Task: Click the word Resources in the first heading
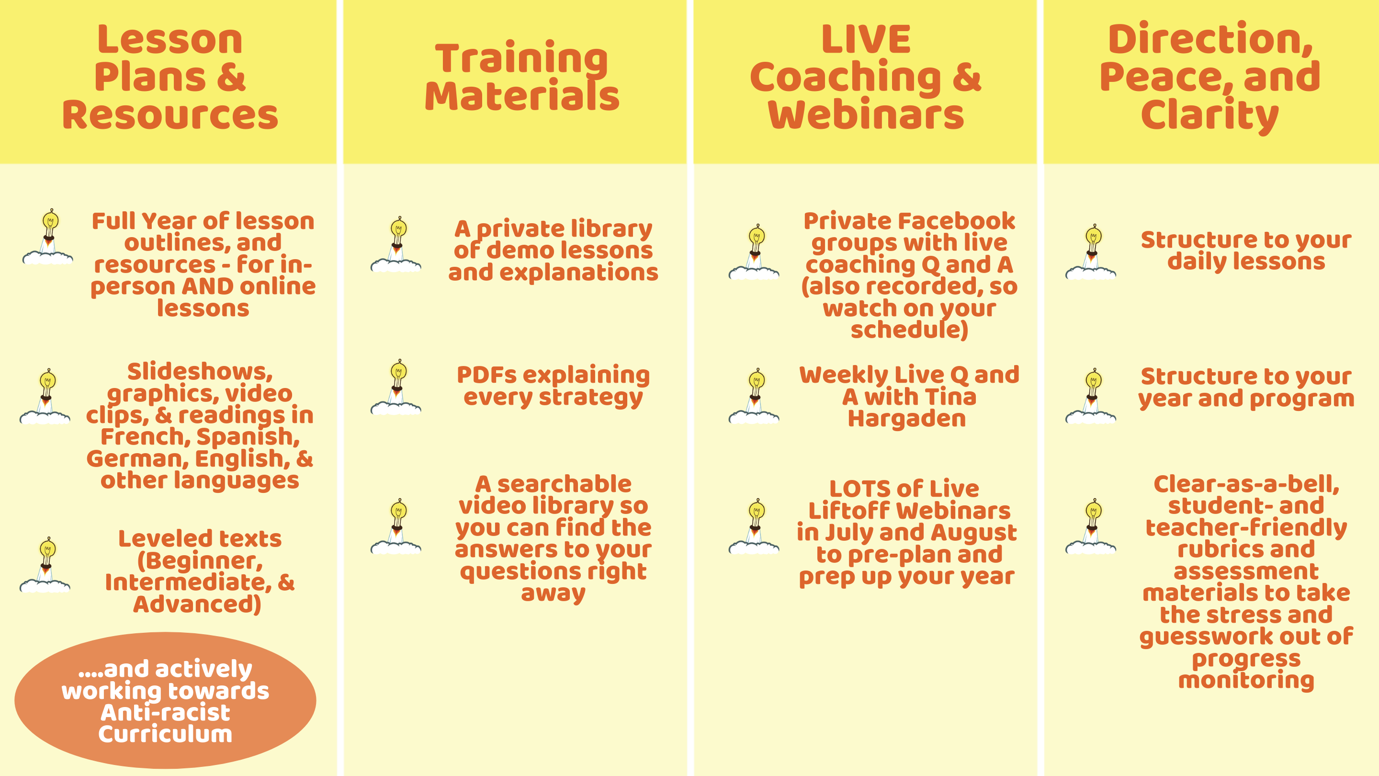point(170,114)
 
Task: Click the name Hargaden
point(907,418)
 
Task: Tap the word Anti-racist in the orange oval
point(165,712)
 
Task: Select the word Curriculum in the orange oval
point(165,734)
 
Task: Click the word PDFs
point(486,375)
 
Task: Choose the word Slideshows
point(200,372)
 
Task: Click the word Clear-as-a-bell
point(1246,484)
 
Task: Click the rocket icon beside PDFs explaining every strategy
point(396,387)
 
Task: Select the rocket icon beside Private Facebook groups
point(754,251)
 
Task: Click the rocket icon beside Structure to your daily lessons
point(1091,251)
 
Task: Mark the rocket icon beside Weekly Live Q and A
point(754,396)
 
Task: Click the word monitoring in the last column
point(1246,680)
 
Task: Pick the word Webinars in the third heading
point(866,114)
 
